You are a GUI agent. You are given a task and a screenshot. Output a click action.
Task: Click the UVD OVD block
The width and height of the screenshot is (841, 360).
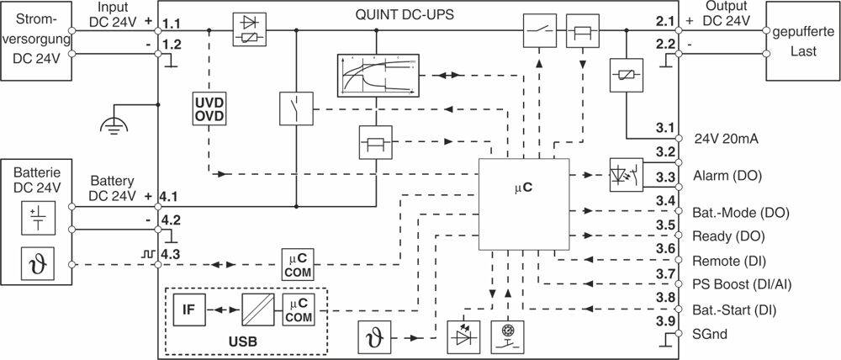coord(208,109)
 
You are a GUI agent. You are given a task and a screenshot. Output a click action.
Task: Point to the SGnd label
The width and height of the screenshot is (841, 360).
coord(706,334)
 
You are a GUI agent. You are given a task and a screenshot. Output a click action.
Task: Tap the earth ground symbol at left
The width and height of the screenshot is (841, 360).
coord(111,126)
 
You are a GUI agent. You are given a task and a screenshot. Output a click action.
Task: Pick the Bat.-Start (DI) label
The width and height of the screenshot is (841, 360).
coord(733,310)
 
